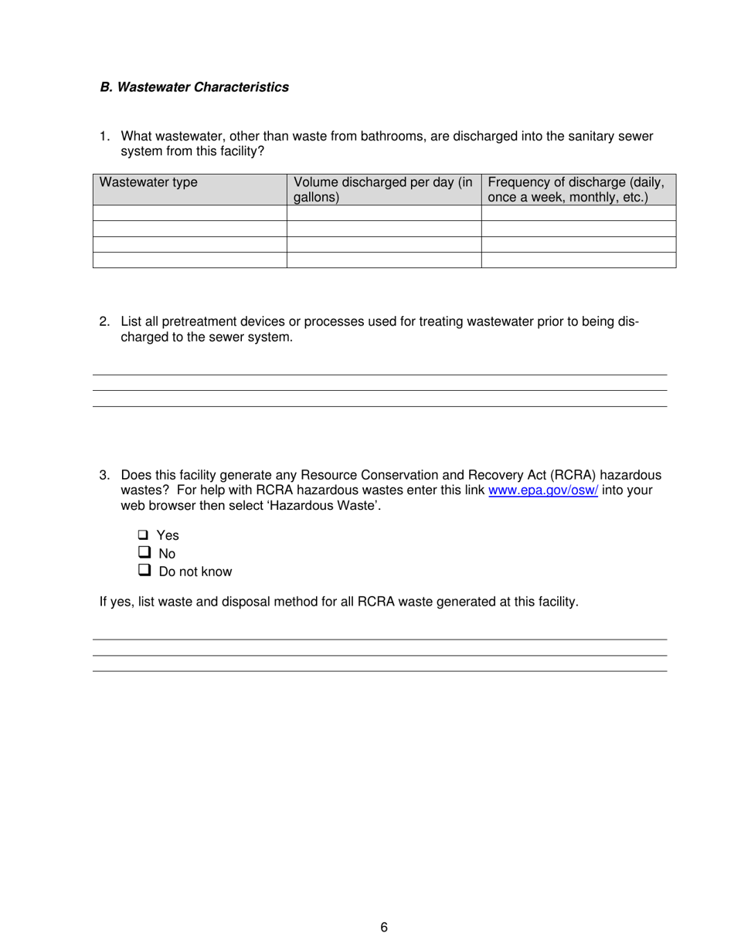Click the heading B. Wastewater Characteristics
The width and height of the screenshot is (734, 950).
click(194, 87)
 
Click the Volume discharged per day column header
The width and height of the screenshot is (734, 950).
click(383, 189)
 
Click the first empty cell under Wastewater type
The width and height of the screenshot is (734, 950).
click(189, 213)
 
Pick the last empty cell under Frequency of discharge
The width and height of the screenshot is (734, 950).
click(578, 260)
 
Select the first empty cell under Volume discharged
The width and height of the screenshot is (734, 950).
click(383, 213)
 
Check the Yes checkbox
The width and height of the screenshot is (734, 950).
click(144, 534)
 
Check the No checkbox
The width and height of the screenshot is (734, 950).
click(144, 553)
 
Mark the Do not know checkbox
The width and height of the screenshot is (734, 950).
click(144, 571)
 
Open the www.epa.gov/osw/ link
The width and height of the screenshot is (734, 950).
click(543, 490)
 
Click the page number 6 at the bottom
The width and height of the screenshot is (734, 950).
click(383, 928)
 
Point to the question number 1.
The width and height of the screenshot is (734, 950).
click(104, 137)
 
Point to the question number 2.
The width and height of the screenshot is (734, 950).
click(104, 322)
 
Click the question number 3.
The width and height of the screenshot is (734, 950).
click(104, 475)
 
